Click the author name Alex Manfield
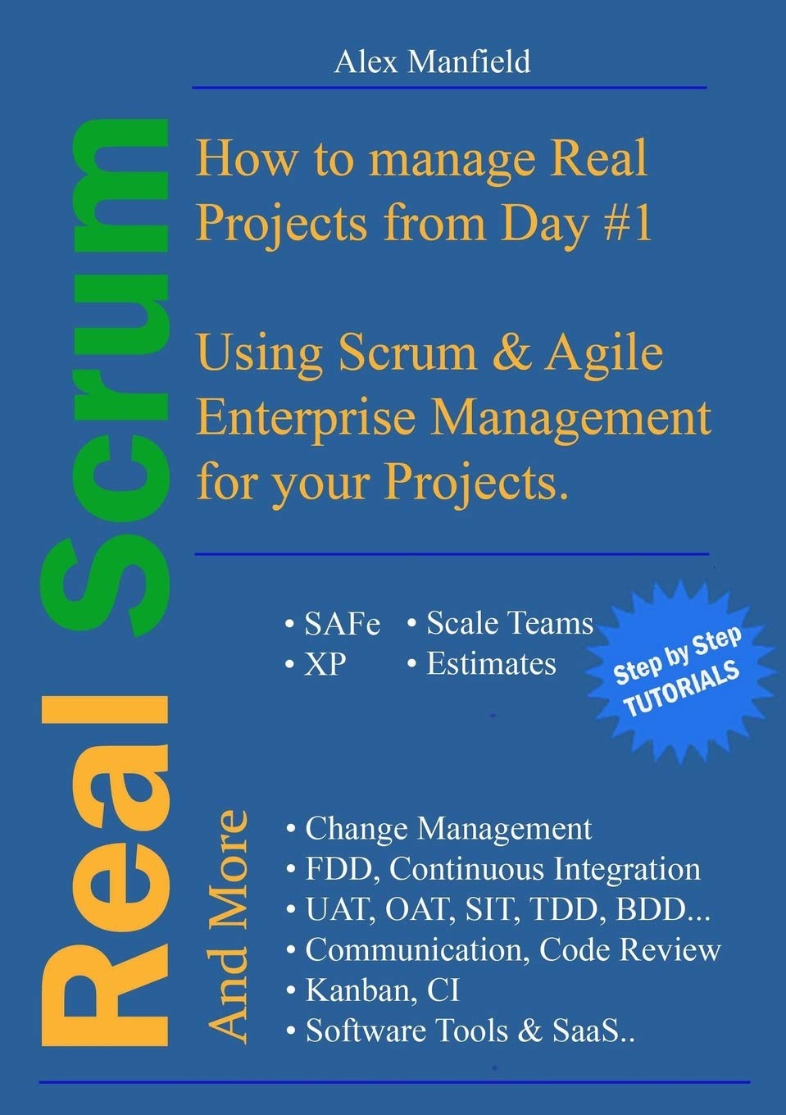click(x=432, y=61)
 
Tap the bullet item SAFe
click(x=342, y=625)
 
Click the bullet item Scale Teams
click(x=509, y=623)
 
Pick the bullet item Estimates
click(x=491, y=663)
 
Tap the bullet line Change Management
click(x=448, y=829)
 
